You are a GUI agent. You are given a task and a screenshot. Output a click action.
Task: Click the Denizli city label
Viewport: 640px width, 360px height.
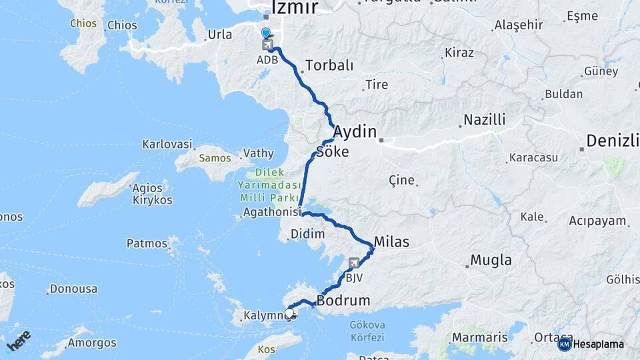point(613,141)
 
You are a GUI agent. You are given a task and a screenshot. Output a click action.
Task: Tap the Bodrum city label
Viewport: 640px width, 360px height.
point(343,301)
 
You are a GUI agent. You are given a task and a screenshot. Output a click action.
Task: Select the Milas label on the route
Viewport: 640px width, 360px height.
point(391,241)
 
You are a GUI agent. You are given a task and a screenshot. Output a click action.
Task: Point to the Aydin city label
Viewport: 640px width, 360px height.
point(355,131)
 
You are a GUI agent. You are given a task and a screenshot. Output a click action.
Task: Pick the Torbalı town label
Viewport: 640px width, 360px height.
point(329,65)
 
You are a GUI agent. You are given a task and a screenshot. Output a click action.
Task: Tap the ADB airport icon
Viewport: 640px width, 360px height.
point(267,45)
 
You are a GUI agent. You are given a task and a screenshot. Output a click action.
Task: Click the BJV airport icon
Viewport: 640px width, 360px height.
point(354,263)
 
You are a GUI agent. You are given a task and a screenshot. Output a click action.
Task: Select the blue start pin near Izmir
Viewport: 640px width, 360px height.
point(266,33)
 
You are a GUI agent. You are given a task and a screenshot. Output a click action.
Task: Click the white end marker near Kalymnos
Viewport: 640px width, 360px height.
point(289,313)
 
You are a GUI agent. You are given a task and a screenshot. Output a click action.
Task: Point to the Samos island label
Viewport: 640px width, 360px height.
point(215,158)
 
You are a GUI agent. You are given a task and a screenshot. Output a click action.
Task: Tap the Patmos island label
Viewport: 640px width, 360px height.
point(147,243)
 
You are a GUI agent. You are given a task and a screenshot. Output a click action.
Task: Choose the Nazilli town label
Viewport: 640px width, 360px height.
point(485,120)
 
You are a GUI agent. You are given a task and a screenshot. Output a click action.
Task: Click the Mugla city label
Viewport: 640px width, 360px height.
point(491,260)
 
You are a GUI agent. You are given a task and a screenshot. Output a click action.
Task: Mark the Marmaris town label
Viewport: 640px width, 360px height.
point(479,337)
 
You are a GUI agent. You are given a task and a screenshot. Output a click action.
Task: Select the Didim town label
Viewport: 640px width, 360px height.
point(307,234)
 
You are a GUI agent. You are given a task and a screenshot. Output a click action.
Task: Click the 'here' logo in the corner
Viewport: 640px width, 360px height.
point(19,340)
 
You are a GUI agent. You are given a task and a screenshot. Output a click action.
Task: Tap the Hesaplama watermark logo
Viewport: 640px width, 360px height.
point(591,344)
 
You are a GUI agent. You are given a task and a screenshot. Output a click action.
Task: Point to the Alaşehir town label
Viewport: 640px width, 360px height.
point(519,25)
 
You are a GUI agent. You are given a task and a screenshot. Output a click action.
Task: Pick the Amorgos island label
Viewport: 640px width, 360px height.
point(92,343)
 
